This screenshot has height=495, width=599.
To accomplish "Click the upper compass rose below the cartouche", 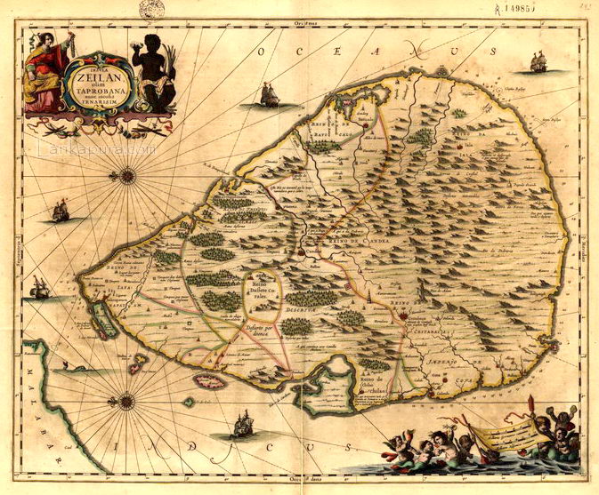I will coord(127,175).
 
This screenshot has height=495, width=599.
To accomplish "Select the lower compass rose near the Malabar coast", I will coord(126,401).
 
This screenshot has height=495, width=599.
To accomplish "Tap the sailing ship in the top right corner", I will coord(538,61).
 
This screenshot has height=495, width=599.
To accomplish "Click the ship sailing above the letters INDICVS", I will coord(242,425).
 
